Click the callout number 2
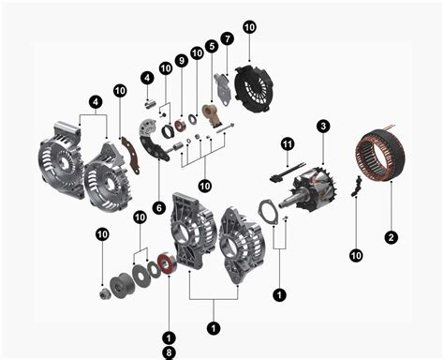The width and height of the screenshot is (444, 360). [x=392, y=237]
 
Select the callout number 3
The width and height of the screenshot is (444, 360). [x=322, y=126]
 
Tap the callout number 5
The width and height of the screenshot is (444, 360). [x=212, y=45]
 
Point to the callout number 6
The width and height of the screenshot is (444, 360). [x=158, y=206]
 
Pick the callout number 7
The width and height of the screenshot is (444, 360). [x=227, y=38]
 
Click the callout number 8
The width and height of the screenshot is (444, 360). [x=169, y=352]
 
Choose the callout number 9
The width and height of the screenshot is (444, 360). [x=181, y=60]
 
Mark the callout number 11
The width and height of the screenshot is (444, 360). [x=288, y=142]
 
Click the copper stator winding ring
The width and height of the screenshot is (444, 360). [x=383, y=160]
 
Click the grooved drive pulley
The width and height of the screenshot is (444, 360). [x=123, y=283]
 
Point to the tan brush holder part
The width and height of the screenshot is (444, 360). [x=211, y=115]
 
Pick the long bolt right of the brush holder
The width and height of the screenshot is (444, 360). [x=225, y=129]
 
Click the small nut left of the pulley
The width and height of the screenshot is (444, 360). [x=103, y=293]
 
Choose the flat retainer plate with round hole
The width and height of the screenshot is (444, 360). [x=268, y=215]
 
